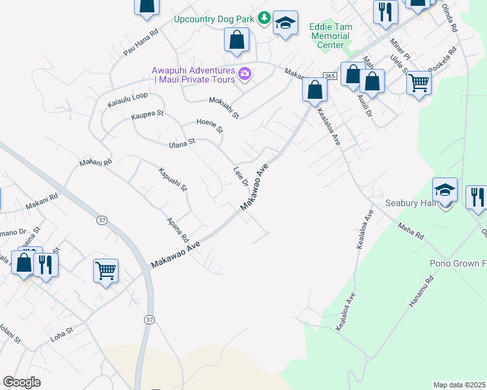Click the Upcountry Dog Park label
pyautogui.click(x=215, y=18)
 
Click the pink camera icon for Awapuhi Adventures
pyautogui.click(x=244, y=73)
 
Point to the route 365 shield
pyautogui.click(x=329, y=77)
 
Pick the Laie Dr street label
pyautogui.click(x=241, y=176)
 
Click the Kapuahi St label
pyautogui.click(x=173, y=179)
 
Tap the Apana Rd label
pyautogui.click(x=178, y=229)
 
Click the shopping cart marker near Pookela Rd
pyautogui.click(x=419, y=83)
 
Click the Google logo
pyautogui.click(x=22, y=382)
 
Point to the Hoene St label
pyautogui.click(x=210, y=125)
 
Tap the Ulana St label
pyautogui.click(x=182, y=142)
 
